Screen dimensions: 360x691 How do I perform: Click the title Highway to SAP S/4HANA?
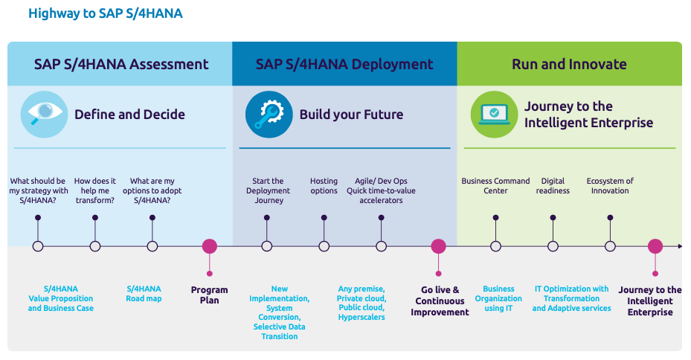click(105, 13)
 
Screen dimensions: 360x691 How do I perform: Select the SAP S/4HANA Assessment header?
click(121, 64)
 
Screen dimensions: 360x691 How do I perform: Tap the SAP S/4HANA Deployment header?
click(344, 64)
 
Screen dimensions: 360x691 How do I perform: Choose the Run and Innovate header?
click(569, 64)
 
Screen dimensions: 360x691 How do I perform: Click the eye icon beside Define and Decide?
click(44, 114)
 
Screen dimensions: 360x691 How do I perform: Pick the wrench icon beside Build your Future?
click(269, 114)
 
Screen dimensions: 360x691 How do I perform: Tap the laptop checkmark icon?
click(493, 114)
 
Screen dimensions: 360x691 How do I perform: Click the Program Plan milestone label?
click(210, 295)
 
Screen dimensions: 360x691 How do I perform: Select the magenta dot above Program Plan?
click(210, 246)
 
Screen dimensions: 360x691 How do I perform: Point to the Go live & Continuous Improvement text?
click(440, 301)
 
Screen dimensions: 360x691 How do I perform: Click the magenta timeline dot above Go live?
click(439, 246)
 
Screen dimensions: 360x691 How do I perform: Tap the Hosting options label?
click(324, 186)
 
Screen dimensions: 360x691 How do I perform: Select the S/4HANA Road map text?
click(144, 294)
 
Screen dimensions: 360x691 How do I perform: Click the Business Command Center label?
click(495, 186)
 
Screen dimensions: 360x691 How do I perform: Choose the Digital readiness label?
click(553, 186)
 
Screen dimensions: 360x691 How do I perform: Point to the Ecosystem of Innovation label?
click(610, 186)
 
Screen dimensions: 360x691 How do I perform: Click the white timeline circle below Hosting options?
click(324, 246)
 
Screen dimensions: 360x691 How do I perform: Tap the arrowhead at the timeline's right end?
click(678, 246)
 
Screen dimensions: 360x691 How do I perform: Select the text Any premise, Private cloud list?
click(361, 303)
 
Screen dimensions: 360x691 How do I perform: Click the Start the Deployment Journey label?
click(268, 190)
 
